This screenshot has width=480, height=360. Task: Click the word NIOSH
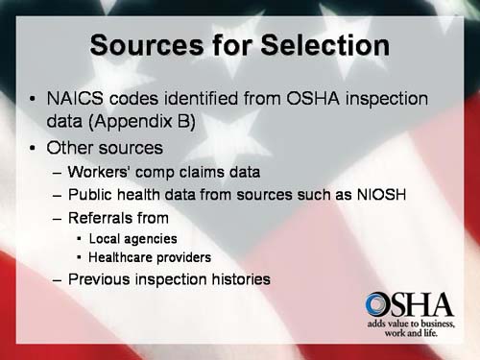(x=379, y=195)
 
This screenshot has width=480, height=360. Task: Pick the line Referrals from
(x=125, y=217)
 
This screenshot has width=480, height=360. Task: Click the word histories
(x=238, y=280)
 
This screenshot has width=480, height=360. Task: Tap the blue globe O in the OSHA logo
(x=377, y=306)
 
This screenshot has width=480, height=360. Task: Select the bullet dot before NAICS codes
(x=35, y=100)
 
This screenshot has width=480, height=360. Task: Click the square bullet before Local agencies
(x=79, y=238)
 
